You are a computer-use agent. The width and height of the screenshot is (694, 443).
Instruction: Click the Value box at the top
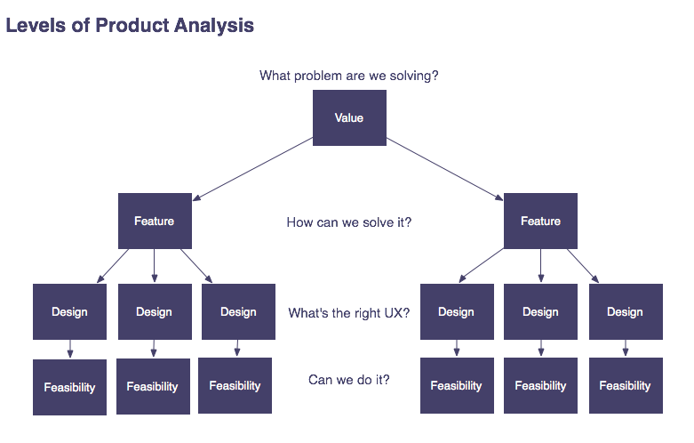(x=349, y=117)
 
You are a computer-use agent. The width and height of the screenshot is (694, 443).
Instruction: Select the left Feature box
(x=155, y=221)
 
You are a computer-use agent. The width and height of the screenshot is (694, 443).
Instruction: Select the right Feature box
(x=540, y=221)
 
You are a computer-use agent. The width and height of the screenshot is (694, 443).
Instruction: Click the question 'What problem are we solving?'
(x=348, y=76)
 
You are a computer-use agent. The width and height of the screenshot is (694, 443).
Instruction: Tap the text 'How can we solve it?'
(x=348, y=222)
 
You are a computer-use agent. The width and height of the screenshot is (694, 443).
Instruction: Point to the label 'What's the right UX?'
(x=348, y=313)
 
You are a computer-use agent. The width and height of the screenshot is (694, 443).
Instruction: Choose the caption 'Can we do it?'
(x=348, y=380)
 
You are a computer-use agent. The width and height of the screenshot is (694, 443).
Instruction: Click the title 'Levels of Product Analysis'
(x=130, y=26)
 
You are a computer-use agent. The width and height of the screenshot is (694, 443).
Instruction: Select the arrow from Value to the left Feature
(x=253, y=170)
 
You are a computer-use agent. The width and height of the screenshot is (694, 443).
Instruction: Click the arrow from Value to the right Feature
(x=444, y=170)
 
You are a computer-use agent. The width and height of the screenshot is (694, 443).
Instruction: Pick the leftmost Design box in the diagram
(x=69, y=312)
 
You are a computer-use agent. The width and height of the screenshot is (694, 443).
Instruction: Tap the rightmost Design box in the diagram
(x=625, y=312)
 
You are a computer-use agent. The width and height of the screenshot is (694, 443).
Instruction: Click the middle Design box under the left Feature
(x=154, y=312)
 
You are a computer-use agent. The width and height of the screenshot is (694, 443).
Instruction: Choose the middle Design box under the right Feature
(x=540, y=312)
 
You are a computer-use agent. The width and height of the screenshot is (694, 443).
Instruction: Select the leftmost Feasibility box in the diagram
(x=69, y=387)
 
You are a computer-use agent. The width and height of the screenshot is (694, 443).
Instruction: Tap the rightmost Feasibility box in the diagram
(x=625, y=386)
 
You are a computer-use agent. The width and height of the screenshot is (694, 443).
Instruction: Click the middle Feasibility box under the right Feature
(x=540, y=386)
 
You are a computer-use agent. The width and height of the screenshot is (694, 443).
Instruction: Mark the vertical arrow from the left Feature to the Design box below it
(x=155, y=266)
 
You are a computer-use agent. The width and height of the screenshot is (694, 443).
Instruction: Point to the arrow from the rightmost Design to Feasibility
(x=625, y=349)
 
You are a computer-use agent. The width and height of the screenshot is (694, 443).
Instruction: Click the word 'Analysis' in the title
(x=213, y=26)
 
